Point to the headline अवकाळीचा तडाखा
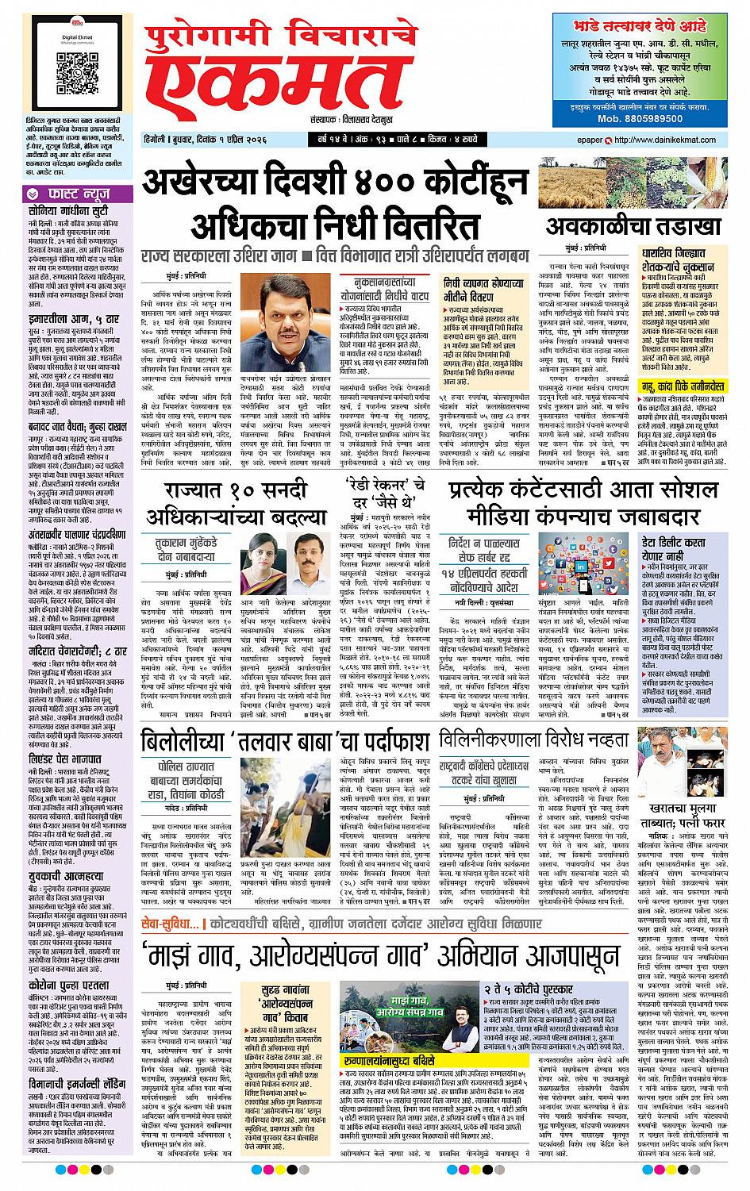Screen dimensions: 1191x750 pyautogui.click(x=633, y=225)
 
